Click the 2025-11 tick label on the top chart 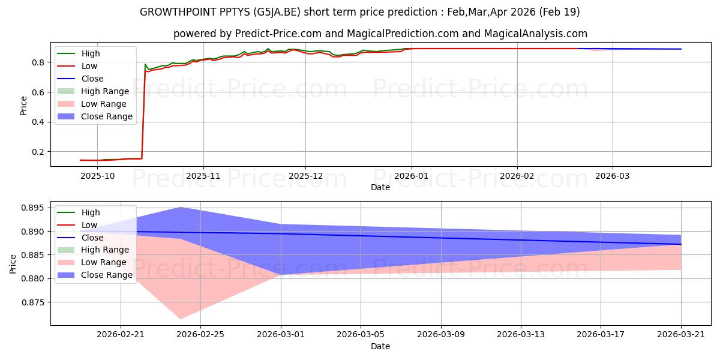pyautogui.click(x=203, y=176)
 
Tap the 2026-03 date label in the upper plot pyautogui.click(x=613, y=176)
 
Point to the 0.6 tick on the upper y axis pyautogui.click(x=38, y=92)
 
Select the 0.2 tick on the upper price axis pyautogui.click(x=38, y=152)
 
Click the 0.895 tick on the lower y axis pyautogui.click(x=32, y=208)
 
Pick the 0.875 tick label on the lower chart pyautogui.click(x=32, y=302)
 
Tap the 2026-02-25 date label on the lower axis pyautogui.click(x=200, y=335)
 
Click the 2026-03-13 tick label pyautogui.click(x=521, y=335)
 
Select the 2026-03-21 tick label pyautogui.click(x=681, y=335)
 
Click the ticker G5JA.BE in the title pyautogui.click(x=277, y=12)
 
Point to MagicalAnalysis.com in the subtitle pyautogui.click(x=535, y=34)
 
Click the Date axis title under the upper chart pyautogui.click(x=380, y=187)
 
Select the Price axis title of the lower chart pyautogui.click(x=13, y=264)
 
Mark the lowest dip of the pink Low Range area pyautogui.click(x=181, y=319)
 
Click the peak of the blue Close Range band pyautogui.click(x=181, y=208)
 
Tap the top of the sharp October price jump pyautogui.click(x=145, y=64)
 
